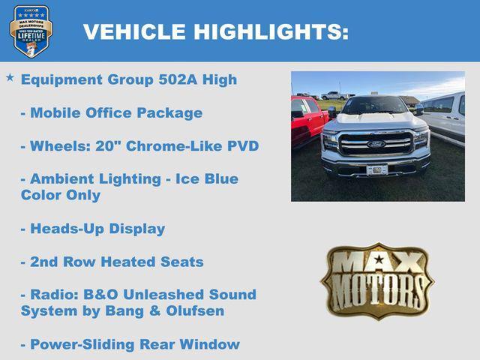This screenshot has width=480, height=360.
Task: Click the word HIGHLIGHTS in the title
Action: [271, 31]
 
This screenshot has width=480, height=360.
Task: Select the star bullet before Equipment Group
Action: [10, 78]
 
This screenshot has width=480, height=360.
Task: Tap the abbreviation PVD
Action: [242, 146]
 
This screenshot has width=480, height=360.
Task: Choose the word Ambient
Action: [61, 179]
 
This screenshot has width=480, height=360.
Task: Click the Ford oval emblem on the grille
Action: [375, 143]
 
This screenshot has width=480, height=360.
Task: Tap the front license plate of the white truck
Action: [376, 169]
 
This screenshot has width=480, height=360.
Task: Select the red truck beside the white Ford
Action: [307, 120]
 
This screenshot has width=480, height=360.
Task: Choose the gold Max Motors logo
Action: [376, 281]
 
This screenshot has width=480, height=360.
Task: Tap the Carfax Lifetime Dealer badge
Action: [31, 31]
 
